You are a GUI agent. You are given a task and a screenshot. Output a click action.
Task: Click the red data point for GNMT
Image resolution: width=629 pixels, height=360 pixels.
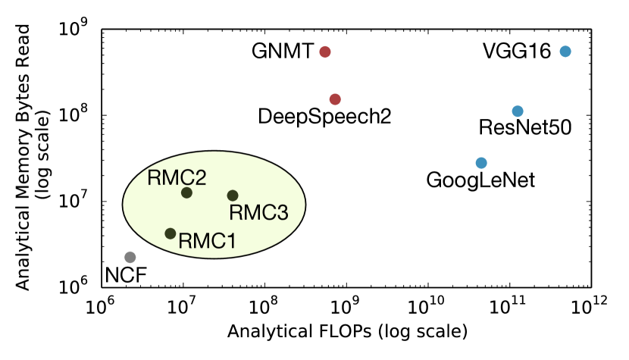pos(325,52)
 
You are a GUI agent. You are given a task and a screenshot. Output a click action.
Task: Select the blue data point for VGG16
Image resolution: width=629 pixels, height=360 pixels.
pos(565,52)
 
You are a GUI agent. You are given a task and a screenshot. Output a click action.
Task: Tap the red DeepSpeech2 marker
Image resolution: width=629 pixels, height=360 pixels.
pos(335,99)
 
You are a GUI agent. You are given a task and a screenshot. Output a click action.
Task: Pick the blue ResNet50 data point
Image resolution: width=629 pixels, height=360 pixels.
pos(518,111)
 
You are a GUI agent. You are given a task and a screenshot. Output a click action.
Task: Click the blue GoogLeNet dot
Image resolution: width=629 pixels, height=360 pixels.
pos(481,163)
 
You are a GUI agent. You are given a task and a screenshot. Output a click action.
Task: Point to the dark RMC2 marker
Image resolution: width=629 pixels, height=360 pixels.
pos(186,193)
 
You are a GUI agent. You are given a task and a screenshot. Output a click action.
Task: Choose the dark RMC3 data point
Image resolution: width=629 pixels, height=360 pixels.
pos(233,196)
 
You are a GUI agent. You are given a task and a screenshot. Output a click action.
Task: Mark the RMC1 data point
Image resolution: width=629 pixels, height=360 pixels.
pos(171,233)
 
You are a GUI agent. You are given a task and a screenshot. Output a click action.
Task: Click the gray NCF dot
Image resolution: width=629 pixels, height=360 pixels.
pos(130,258)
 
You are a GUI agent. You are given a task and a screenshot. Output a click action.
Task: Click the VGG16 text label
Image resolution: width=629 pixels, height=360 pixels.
pos(517,52)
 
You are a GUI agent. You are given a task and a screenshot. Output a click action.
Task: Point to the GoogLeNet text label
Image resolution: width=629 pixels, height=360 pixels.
pos(480,180)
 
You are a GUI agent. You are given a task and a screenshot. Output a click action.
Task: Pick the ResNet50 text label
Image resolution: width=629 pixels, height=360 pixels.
pos(525,127)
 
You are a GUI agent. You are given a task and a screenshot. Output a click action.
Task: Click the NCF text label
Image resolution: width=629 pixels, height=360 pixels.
pos(126,274)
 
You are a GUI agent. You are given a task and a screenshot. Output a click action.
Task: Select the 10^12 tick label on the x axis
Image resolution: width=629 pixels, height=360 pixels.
pos(590,307)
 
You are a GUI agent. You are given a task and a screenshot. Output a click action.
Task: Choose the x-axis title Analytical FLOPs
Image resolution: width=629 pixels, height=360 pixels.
pos(346,333)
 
